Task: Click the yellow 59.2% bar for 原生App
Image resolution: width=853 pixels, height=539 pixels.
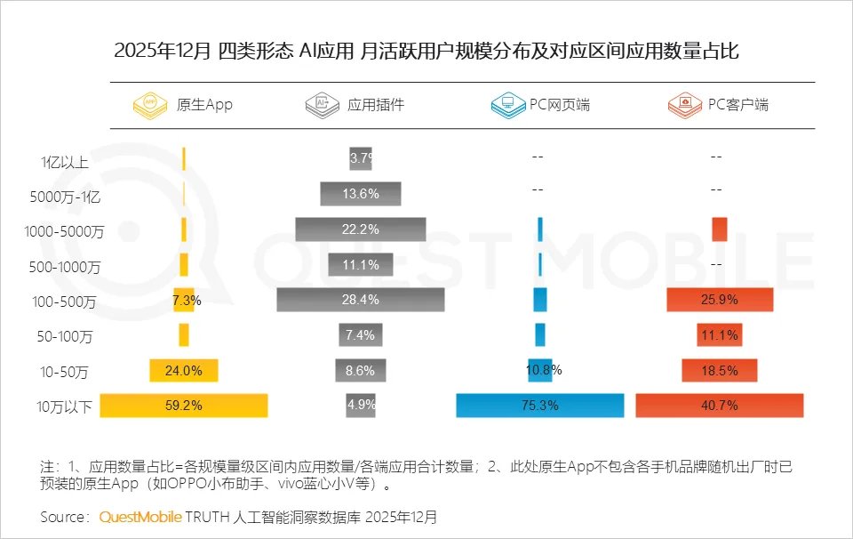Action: click(184, 406)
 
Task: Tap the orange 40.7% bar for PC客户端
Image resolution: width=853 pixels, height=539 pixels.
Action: click(720, 406)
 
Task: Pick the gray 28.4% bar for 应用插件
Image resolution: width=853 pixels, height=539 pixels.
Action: click(361, 300)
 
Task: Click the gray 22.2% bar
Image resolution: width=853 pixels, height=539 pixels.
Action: click(361, 229)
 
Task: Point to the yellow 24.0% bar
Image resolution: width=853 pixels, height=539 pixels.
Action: click(184, 370)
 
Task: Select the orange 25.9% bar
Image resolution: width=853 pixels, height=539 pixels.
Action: click(720, 300)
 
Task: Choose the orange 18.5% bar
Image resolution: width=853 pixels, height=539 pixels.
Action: click(720, 370)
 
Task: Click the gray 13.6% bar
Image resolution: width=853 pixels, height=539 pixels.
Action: click(361, 194)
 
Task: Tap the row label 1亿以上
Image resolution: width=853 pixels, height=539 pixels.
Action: click(65, 162)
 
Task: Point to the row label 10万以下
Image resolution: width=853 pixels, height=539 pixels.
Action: click(65, 408)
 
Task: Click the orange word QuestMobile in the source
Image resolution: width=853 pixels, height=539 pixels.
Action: click(141, 516)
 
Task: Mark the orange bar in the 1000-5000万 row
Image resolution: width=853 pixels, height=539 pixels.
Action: click(720, 229)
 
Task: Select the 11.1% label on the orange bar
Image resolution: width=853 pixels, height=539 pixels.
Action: click(720, 335)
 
